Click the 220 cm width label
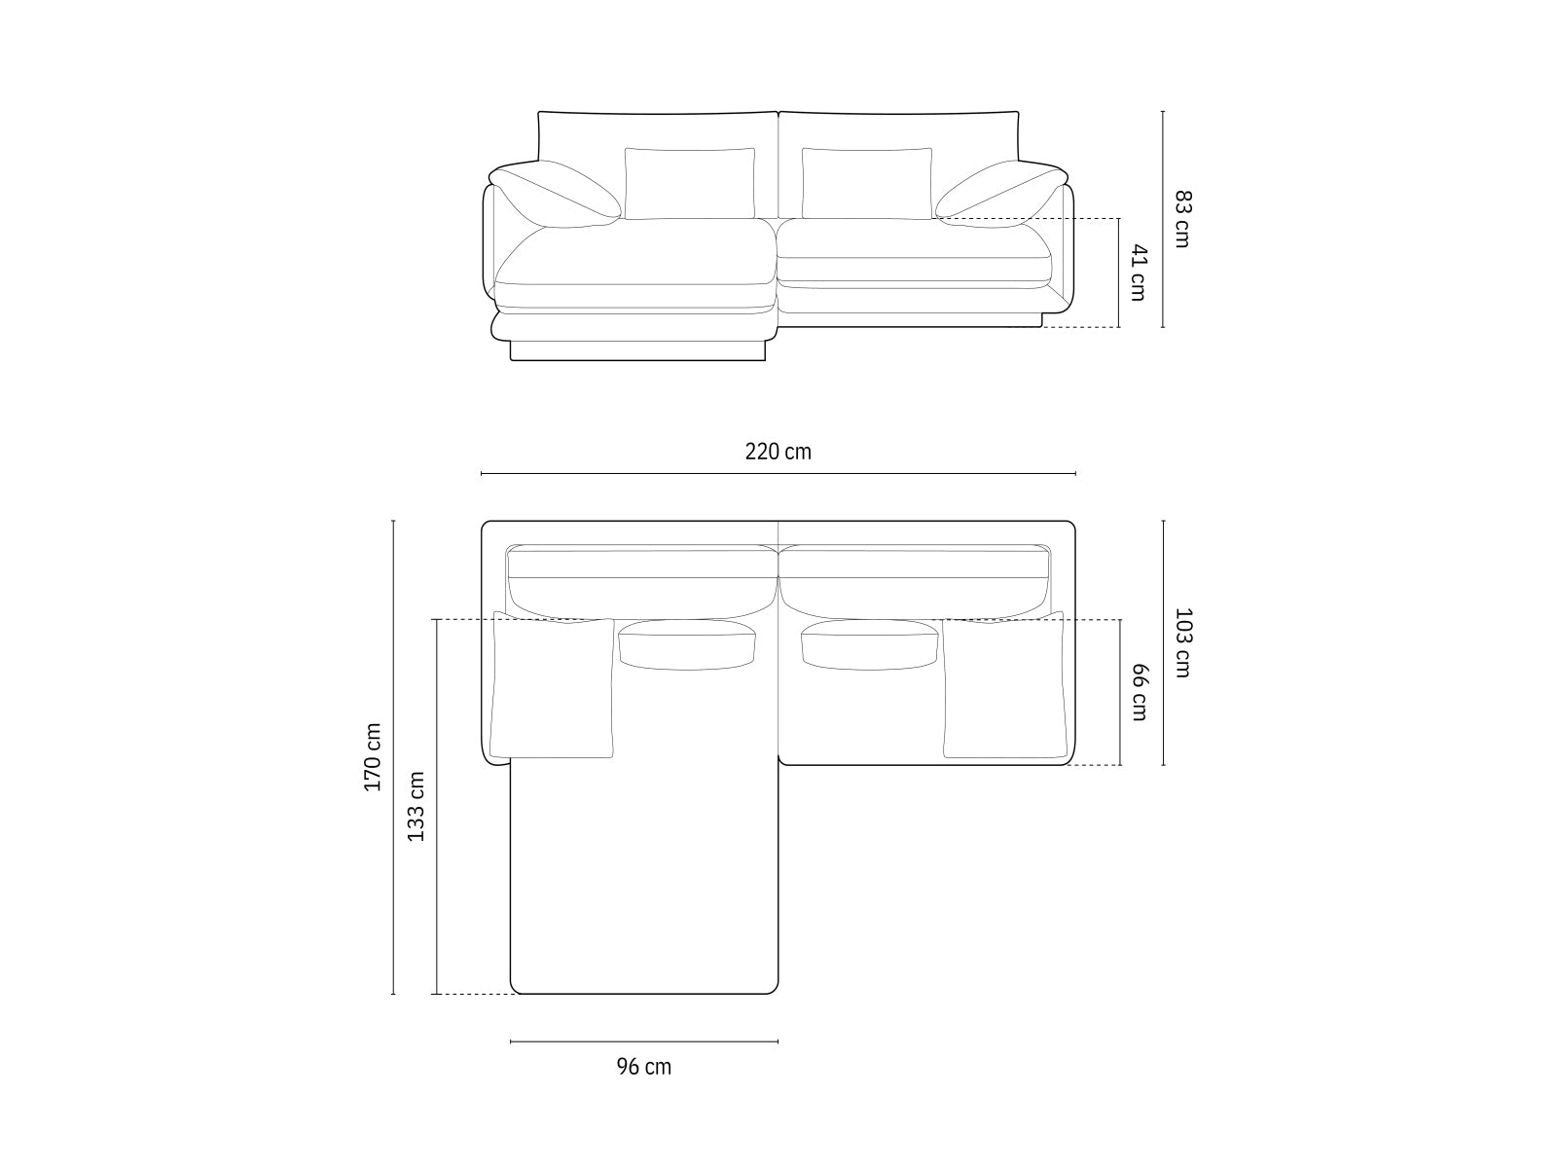coord(778,452)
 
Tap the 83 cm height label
coord(1181,219)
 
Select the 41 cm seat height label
coord(1138,273)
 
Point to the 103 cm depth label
coord(1181,642)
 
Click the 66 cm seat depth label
coord(1140,692)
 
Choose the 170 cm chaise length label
coord(374,757)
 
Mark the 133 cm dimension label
coord(416,806)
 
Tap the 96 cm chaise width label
coord(643,1067)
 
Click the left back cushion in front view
coord(689,184)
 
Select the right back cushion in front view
coord(866,184)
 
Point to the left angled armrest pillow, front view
coord(557,193)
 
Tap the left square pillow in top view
coord(553,688)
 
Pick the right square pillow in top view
coord(1003,688)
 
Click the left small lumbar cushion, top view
coord(688,645)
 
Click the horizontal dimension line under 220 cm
coord(778,474)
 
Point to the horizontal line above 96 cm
coord(643,1041)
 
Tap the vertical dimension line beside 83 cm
coord(1163,219)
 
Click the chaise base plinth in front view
coord(637,350)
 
